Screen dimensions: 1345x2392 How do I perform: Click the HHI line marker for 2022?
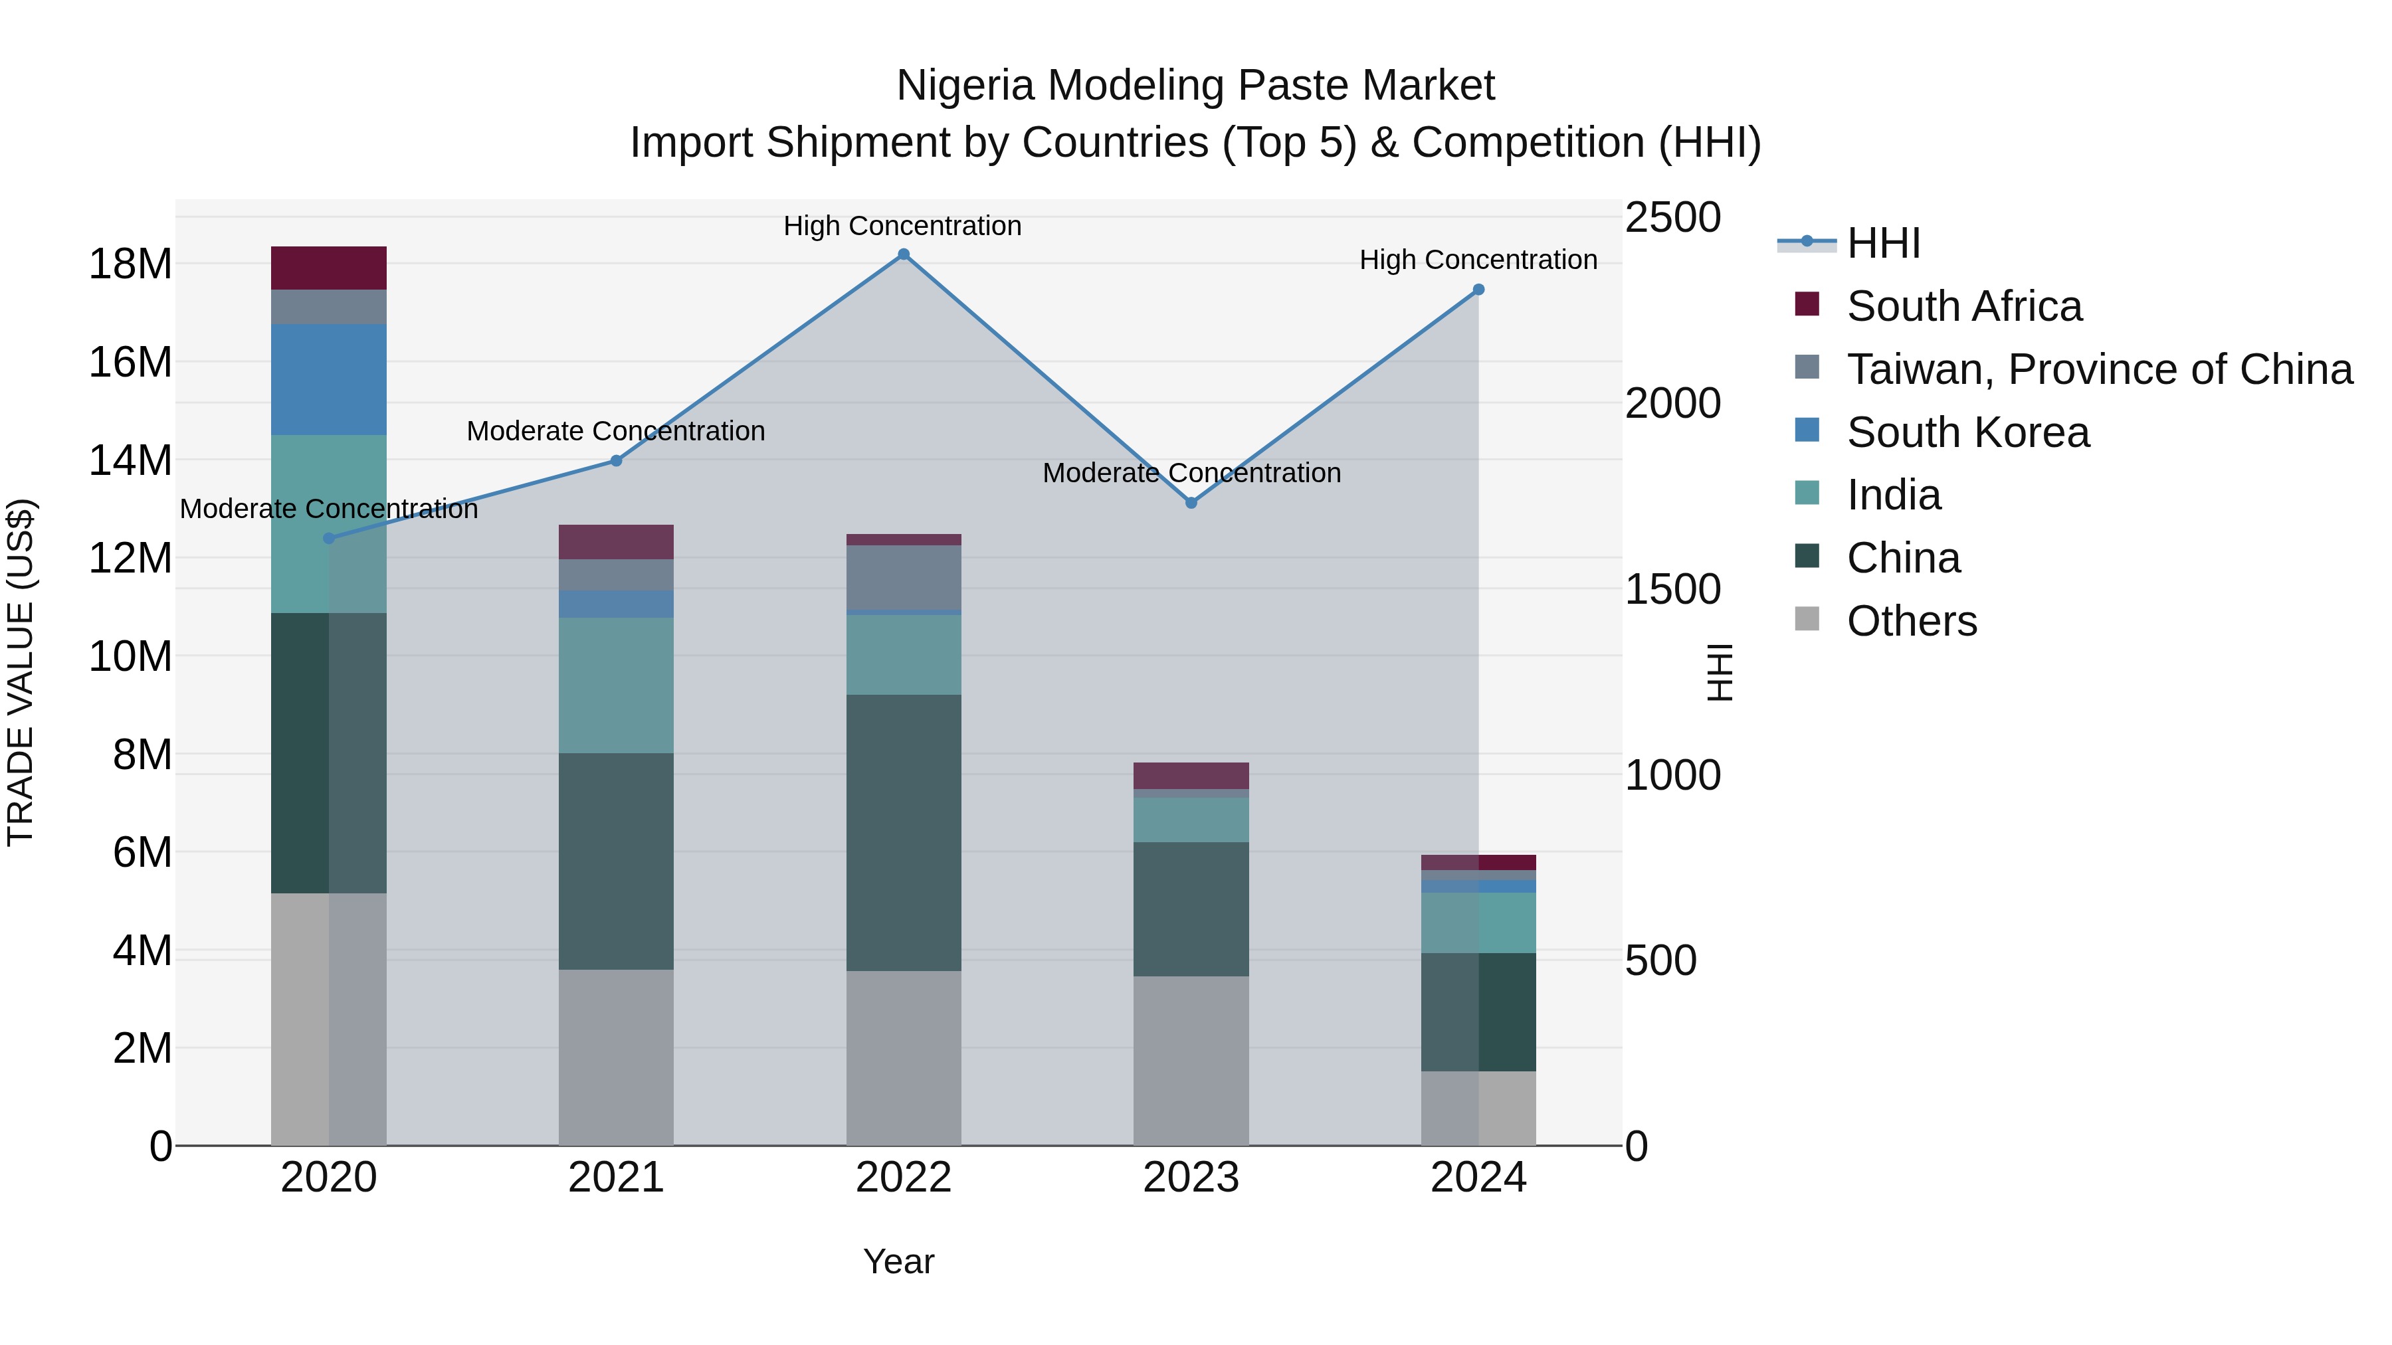coord(904,254)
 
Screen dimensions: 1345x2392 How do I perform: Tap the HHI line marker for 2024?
coord(1478,290)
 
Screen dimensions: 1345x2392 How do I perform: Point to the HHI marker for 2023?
coord(1191,503)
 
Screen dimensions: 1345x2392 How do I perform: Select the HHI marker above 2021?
coord(616,460)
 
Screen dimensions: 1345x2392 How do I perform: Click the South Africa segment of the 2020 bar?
coord(329,268)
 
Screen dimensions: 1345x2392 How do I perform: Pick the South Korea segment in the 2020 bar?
coord(329,380)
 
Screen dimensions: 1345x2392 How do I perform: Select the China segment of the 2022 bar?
coord(904,833)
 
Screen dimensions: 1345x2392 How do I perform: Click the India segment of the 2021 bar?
coord(616,685)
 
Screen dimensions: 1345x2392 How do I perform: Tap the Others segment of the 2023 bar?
coord(1191,1060)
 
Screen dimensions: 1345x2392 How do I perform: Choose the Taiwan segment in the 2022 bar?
coord(904,577)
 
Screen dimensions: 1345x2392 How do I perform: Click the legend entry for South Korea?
coord(1967,432)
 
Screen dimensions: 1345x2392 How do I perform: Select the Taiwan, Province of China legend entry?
coord(2098,369)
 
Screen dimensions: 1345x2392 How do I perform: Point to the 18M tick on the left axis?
coord(130,264)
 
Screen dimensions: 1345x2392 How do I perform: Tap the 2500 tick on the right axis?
coord(1673,218)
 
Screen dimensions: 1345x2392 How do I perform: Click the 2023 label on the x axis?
coord(1191,1178)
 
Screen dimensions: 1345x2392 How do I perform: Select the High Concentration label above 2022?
coord(902,226)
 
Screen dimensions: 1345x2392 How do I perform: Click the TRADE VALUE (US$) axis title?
coord(21,672)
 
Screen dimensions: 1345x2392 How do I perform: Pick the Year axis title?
coord(898,1261)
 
